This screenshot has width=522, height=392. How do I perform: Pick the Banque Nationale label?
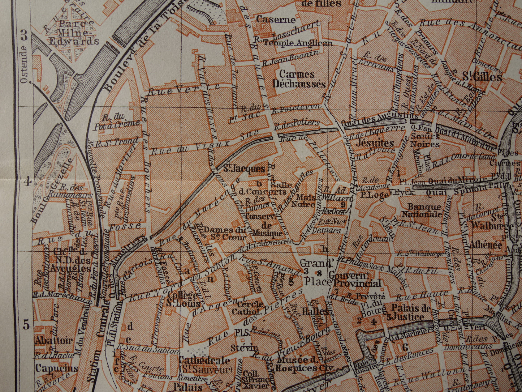[421, 210]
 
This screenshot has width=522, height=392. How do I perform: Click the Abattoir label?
[53, 340]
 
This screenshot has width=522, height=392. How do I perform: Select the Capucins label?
[56, 368]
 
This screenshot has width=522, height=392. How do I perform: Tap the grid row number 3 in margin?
[24, 35]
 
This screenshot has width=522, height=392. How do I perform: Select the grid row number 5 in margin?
[26, 325]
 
